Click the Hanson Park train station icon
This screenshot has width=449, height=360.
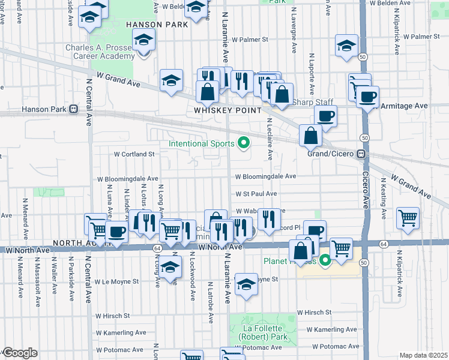[x=74, y=109]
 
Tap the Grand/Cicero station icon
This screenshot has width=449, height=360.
[x=361, y=154]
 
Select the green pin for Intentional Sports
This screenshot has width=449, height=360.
[x=244, y=143]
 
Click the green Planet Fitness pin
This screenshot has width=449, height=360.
[x=325, y=260]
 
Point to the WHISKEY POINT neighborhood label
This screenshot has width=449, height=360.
[x=228, y=110]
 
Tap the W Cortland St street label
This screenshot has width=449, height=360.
[x=135, y=154]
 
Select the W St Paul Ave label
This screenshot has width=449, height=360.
[x=256, y=194]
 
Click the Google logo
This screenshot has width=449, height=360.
[x=20, y=353]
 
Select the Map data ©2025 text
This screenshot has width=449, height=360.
[x=423, y=355]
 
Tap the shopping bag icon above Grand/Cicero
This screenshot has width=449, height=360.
[x=311, y=136]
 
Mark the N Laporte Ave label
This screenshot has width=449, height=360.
[x=312, y=75]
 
